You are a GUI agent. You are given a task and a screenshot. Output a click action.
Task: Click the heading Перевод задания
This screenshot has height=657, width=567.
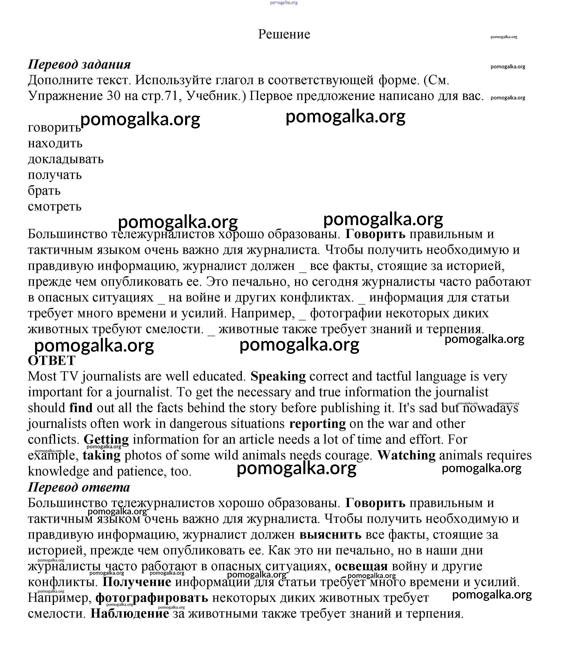pyautogui.click(x=79, y=64)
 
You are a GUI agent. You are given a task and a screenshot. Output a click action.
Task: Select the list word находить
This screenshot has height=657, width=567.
pyautogui.click(x=55, y=143)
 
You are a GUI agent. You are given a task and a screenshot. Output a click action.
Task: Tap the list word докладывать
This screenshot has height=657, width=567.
pyautogui.click(x=65, y=159)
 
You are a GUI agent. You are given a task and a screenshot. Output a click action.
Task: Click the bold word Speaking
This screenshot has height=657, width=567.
pyautogui.click(x=278, y=376)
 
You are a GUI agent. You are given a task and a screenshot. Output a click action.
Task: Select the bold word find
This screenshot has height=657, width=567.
pyautogui.click(x=81, y=408)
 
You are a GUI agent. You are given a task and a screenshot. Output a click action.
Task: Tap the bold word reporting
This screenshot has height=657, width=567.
pyautogui.click(x=317, y=424)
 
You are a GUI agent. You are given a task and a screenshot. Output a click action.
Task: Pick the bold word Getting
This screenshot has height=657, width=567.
pyautogui.click(x=106, y=439)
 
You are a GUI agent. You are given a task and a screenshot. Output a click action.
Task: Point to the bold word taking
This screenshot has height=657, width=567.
pyautogui.click(x=102, y=455)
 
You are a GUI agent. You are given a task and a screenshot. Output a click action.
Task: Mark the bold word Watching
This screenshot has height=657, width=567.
pyautogui.click(x=406, y=455)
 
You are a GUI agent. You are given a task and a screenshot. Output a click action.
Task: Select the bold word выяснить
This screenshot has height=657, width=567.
pyautogui.click(x=330, y=535)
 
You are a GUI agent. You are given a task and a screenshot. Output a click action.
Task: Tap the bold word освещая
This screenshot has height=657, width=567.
pyautogui.click(x=361, y=566)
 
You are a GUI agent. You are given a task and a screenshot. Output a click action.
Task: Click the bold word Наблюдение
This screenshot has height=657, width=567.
pyautogui.click(x=130, y=614)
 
